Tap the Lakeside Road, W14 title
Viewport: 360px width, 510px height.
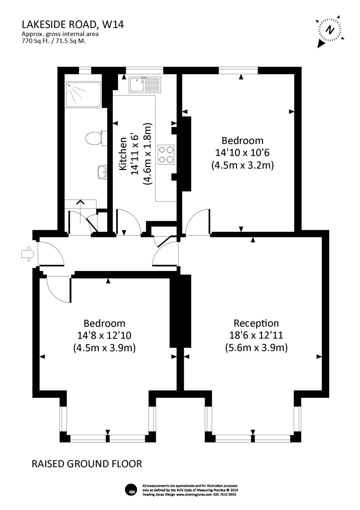point(73,24)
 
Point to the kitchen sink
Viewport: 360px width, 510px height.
point(145,85)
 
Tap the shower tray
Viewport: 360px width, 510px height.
point(83,95)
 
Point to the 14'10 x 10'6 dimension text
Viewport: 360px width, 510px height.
point(242,152)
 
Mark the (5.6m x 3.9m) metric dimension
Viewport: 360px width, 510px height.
point(256,348)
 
